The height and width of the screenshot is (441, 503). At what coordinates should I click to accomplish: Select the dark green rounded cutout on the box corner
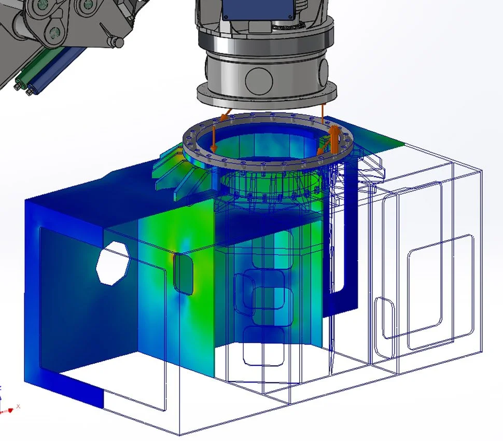coord(183,273)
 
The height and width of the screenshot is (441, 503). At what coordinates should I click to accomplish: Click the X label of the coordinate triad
coord(18,406)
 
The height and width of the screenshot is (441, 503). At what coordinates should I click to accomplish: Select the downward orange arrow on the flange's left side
coord(213,137)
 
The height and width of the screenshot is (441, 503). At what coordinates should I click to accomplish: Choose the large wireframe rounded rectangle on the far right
coord(441,291)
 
